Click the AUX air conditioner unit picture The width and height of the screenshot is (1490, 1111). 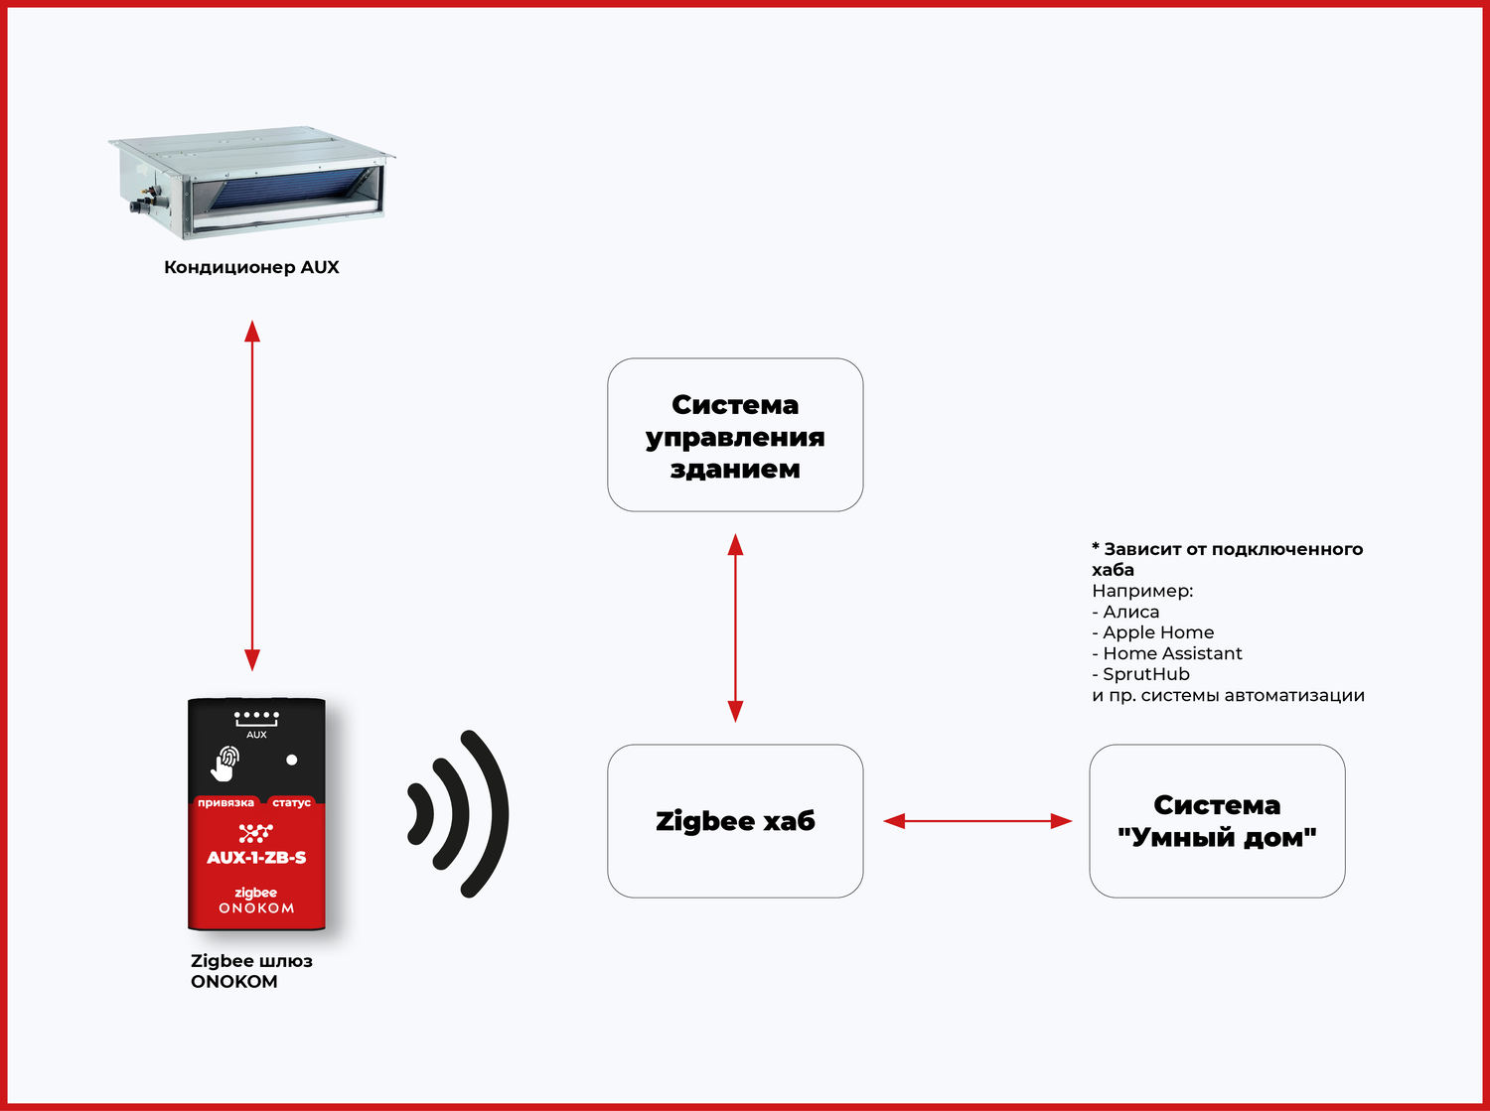(251, 183)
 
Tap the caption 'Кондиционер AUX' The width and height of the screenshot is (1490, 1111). (251, 267)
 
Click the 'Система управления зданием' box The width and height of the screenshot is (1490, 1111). (735, 435)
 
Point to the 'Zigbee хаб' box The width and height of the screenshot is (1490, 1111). (735, 821)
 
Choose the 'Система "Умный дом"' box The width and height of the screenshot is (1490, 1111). (1217, 821)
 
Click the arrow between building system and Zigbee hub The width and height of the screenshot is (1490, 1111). (735, 627)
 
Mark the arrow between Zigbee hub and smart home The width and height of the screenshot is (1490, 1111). (977, 821)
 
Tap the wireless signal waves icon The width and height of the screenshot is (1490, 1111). (459, 814)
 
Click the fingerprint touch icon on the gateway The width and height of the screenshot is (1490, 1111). (225, 763)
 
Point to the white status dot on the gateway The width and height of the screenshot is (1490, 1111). (291, 760)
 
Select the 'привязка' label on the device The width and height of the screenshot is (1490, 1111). (225, 802)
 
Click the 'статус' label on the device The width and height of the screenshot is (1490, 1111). (291, 802)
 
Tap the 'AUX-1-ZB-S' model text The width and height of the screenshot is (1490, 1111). (256, 858)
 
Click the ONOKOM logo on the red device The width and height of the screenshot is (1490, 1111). (256, 907)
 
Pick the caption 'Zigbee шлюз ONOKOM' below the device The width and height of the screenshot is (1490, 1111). (250, 971)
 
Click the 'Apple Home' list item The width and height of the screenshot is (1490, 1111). (1158, 632)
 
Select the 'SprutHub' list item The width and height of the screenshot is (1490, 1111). (1146, 674)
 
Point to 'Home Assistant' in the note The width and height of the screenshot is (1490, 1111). (1172, 653)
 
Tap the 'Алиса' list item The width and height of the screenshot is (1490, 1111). (1130, 612)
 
